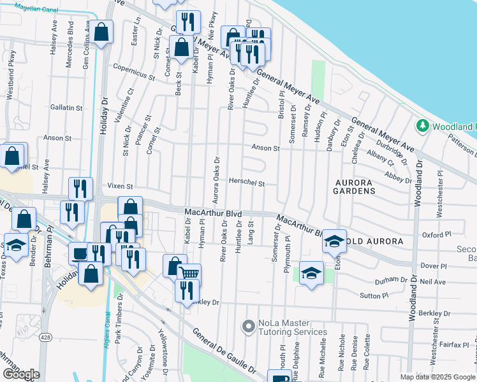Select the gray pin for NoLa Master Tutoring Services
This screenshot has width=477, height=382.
pyautogui.click(x=248, y=327)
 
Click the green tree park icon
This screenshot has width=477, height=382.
pyautogui.click(x=422, y=126)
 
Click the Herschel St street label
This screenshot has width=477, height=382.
pyautogui.click(x=247, y=183)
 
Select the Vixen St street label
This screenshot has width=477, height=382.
pyautogui.click(x=120, y=187)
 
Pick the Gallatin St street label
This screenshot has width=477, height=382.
pyautogui.click(x=67, y=108)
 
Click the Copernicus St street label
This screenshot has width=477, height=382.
pyautogui.click(x=134, y=71)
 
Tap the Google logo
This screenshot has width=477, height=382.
pyautogui.click(x=21, y=374)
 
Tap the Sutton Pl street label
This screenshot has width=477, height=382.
pyautogui.click(x=374, y=295)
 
